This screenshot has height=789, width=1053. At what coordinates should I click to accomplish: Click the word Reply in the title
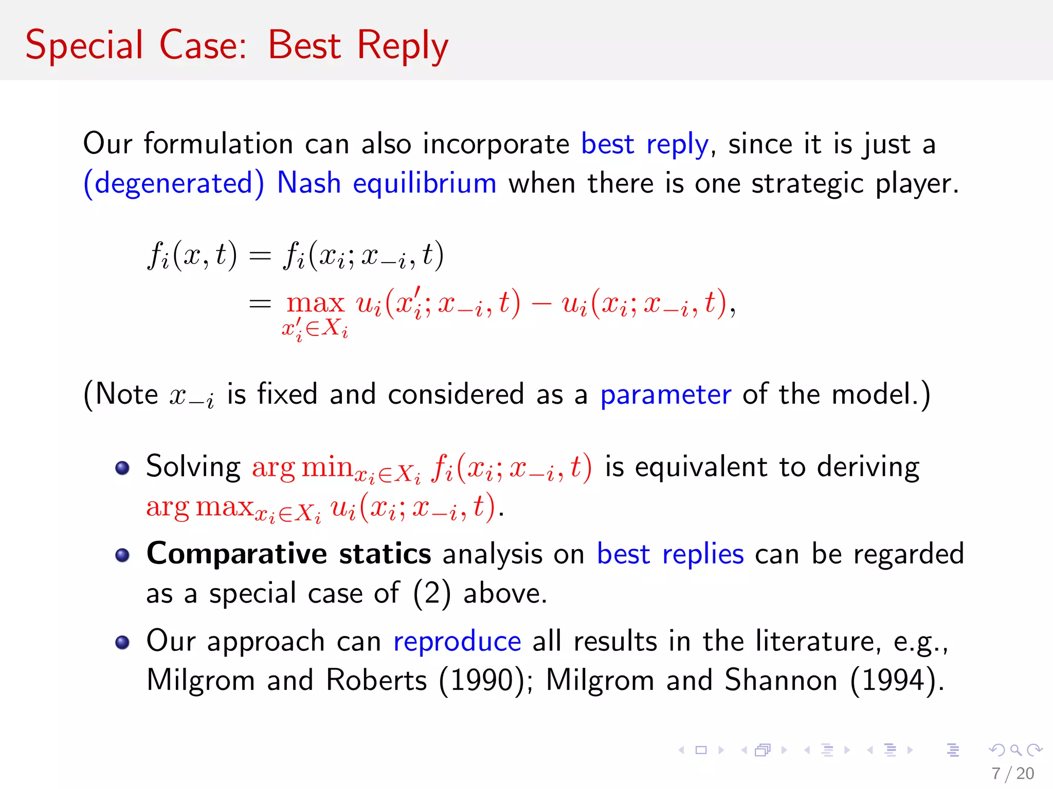[402, 46]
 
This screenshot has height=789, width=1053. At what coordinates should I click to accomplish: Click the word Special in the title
[84, 46]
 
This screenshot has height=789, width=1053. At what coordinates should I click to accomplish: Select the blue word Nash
[308, 183]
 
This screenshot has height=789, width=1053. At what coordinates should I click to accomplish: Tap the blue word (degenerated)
[174, 184]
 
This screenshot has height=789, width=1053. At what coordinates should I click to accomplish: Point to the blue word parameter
[665, 395]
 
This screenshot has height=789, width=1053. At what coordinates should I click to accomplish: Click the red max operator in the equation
[315, 303]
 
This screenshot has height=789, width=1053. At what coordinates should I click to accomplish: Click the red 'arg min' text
[301, 467]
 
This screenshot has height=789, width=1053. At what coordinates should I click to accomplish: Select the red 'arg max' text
[199, 507]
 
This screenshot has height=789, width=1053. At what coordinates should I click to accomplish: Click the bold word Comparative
[237, 554]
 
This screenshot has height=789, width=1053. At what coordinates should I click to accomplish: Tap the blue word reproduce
[457, 642]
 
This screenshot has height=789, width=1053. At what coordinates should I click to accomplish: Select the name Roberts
[376, 681]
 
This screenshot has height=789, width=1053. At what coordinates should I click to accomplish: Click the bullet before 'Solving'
[122, 468]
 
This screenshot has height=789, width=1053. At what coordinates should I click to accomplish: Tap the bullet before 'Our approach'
[122, 643]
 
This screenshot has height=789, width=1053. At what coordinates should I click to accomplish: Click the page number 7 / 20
[1012, 773]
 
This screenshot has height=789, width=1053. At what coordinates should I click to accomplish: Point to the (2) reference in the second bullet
[432, 594]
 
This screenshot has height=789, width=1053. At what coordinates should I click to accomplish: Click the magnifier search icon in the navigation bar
[1015, 750]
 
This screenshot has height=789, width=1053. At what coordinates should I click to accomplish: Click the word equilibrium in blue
[424, 183]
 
